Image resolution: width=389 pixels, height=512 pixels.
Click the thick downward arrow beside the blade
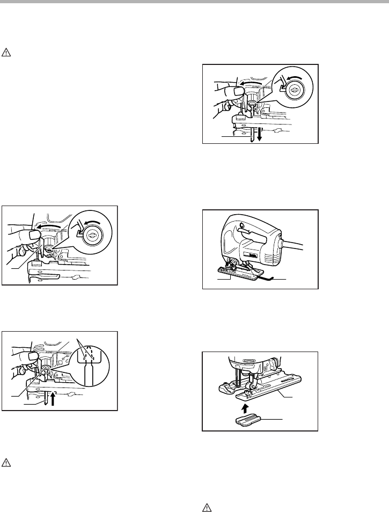[x=259, y=134]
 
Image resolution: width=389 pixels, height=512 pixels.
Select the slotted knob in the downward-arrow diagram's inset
[x=295, y=92]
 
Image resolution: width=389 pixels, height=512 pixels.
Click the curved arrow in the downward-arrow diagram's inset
[x=293, y=78]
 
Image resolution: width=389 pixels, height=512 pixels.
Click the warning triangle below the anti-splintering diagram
[x=206, y=505]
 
